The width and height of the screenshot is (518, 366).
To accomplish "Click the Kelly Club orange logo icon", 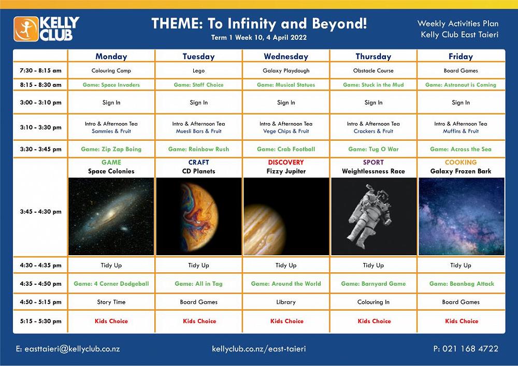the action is (26, 29).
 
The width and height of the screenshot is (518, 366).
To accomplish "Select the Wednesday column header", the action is (286, 56).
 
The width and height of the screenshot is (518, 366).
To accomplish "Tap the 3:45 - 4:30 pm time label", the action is (40, 212).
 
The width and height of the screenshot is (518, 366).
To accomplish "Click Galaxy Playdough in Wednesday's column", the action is (286, 70).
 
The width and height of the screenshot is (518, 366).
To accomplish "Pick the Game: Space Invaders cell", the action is (111, 85).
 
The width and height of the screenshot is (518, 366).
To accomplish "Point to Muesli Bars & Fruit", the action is (198, 131).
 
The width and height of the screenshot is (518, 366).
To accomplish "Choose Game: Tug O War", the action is (373, 149).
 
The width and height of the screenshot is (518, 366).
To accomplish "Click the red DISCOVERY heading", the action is (286, 163).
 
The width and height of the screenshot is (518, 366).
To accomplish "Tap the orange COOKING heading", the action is (461, 163).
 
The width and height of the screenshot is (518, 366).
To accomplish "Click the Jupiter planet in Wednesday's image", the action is (264, 229).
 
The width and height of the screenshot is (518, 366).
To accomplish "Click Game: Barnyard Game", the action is (373, 284).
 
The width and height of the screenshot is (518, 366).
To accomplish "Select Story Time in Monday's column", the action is (111, 302).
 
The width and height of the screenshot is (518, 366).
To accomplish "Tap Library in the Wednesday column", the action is (286, 302).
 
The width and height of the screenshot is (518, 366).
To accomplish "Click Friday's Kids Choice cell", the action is (462, 321).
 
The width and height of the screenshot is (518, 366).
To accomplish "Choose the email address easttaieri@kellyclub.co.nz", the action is (72, 349).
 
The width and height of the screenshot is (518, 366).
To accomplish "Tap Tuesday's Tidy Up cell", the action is (198, 266).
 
